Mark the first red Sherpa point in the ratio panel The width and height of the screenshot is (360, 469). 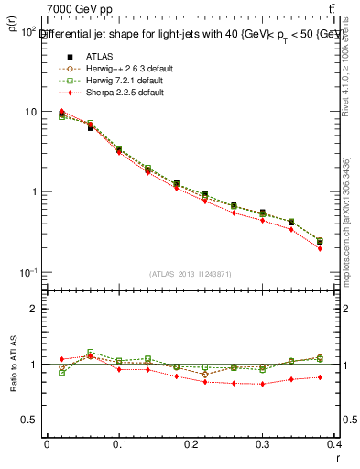coord(61,359)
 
